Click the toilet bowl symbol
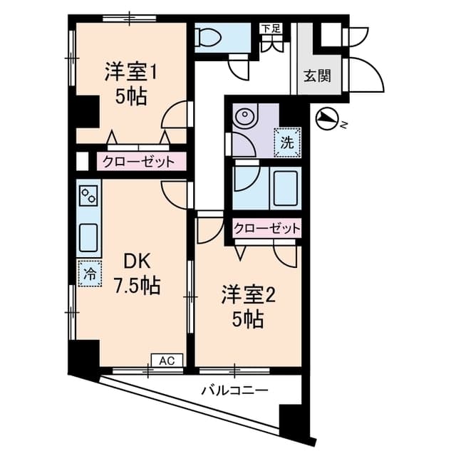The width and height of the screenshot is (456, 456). [208, 37]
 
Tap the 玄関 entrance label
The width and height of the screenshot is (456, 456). [317, 76]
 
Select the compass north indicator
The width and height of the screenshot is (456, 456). [326, 119]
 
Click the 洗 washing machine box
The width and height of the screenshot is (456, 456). [287, 142]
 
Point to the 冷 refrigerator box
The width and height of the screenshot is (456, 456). [90, 274]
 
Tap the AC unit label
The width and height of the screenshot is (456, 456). [167, 361]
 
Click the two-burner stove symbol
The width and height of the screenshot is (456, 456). [88, 195]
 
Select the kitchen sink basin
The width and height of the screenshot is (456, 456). [88, 237]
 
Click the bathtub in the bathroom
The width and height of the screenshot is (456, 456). [286, 188]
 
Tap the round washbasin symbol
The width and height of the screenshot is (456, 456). [244, 115]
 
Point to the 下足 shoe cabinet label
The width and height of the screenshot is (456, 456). [271, 28]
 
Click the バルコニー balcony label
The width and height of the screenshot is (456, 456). [235, 390]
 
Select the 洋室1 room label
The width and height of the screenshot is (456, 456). [131, 72]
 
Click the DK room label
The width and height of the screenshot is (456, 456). [137, 261]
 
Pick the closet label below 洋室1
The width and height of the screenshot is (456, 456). [139, 162]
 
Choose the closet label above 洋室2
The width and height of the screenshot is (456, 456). [266, 229]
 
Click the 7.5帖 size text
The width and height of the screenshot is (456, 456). [137, 286]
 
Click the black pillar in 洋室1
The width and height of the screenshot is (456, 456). [86, 111]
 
